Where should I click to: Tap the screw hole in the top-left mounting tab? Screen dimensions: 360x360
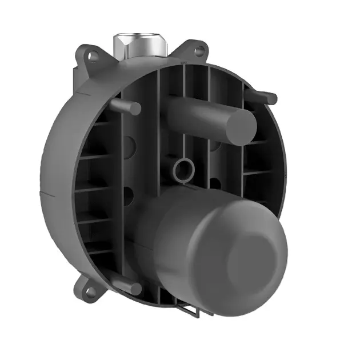(x=90, y=55)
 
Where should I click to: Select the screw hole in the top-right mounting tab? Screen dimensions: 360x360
(x=199, y=51)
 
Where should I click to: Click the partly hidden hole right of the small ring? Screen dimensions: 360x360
(x=215, y=184)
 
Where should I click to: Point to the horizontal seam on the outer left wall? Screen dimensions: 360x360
(x=54, y=195)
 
